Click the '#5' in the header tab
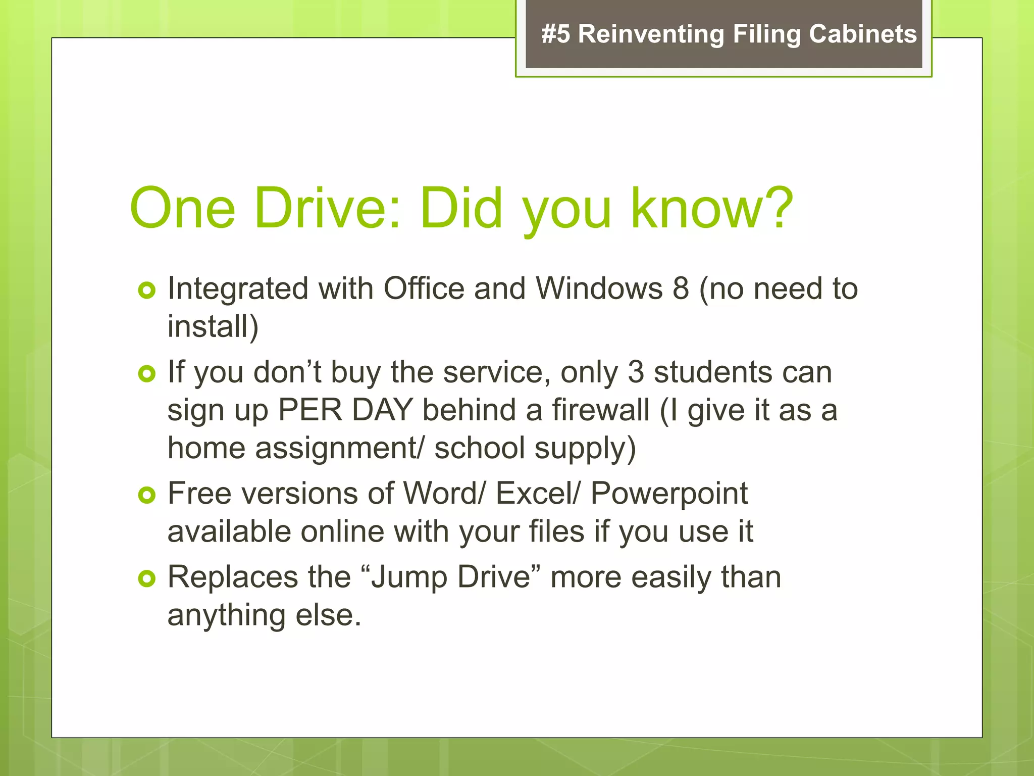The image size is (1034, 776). click(x=555, y=34)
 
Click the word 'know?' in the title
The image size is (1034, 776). click(x=712, y=208)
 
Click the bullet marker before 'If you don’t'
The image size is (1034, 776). click(x=146, y=374)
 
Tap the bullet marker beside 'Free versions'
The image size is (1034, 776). click(x=146, y=495)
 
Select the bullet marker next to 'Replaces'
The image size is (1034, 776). click(x=146, y=578)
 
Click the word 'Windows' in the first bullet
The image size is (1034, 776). click(x=599, y=289)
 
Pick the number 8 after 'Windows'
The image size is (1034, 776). click(x=681, y=289)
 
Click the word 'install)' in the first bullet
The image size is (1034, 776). click(x=213, y=327)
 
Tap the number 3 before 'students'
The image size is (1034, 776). click(x=636, y=372)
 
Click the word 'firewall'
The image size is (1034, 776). click(x=600, y=410)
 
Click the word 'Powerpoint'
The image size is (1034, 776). click(x=669, y=494)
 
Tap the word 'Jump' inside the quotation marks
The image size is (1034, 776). click(x=409, y=577)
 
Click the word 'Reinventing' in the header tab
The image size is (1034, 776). click(x=651, y=34)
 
